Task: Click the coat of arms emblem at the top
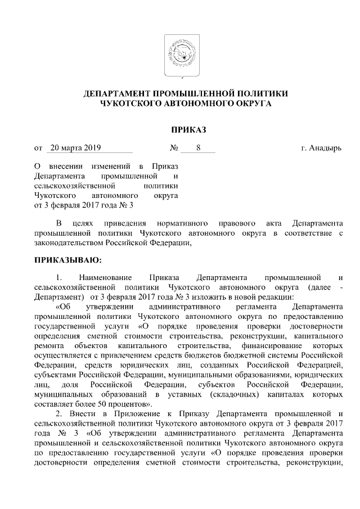click(x=179, y=55)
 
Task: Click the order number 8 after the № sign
click(x=198, y=148)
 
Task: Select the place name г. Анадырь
click(x=321, y=148)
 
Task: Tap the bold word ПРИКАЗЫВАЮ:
click(x=68, y=260)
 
